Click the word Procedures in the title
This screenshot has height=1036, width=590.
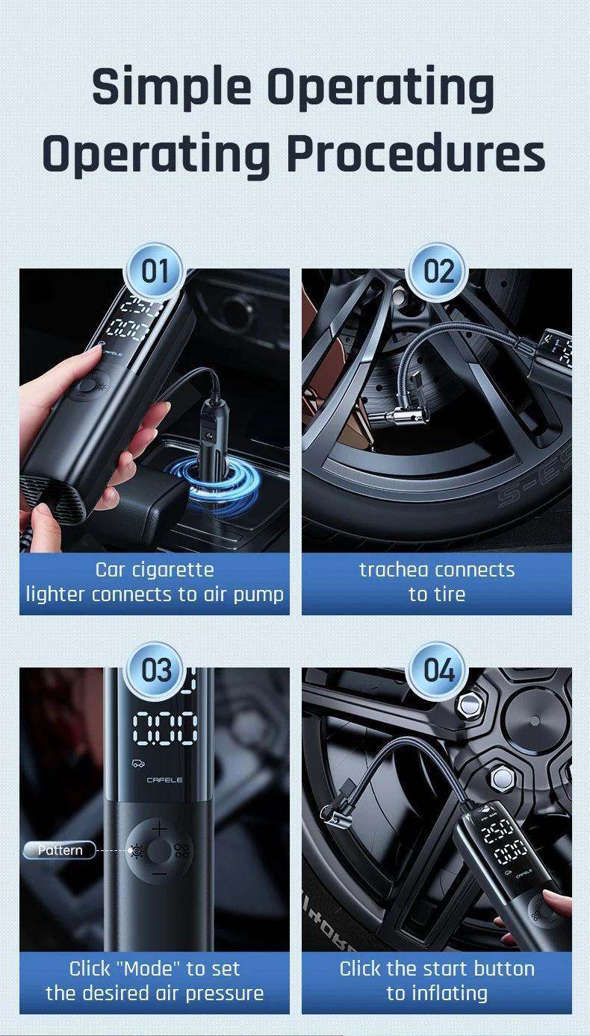(416, 154)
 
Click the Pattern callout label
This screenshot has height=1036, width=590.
(60, 850)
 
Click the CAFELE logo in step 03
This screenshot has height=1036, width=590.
(164, 780)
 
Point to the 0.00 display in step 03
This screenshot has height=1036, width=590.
(165, 729)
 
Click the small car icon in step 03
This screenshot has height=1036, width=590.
(138, 763)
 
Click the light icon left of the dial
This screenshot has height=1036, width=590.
(137, 850)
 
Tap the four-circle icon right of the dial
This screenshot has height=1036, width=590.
(181, 851)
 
